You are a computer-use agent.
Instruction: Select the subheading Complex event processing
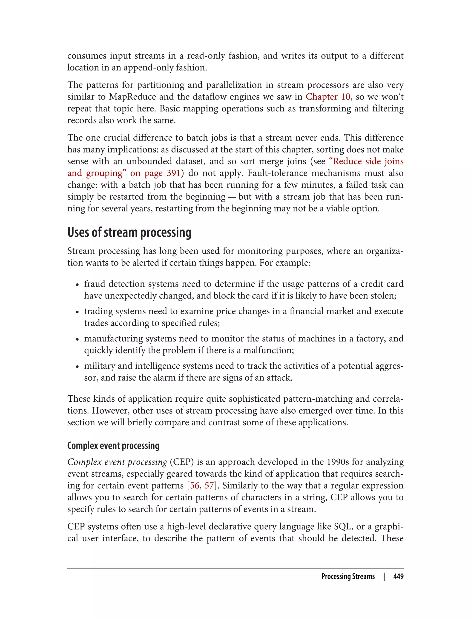[x=113, y=446]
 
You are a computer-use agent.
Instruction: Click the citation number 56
[x=195, y=485]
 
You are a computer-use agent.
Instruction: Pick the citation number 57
[x=209, y=485]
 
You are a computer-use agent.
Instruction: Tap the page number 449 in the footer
[x=398, y=576]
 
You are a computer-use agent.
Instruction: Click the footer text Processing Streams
[x=348, y=576]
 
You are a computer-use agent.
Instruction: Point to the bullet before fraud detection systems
[x=77, y=285]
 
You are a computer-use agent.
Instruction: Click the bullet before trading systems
[x=77, y=312]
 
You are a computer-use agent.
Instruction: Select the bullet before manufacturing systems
[x=77, y=339]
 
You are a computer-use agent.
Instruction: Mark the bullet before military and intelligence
[x=77, y=367]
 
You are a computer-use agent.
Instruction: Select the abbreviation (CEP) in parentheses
[x=182, y=462]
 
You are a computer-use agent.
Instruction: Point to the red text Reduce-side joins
[x=368, y=161]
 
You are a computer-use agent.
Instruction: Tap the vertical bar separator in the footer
[x=384, y=576]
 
